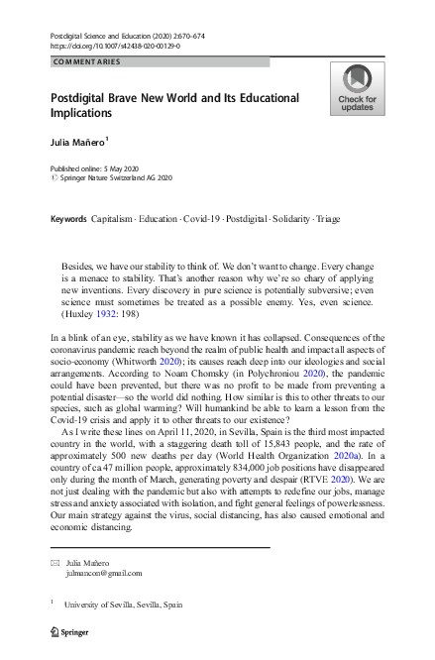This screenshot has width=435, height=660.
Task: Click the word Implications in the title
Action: point(91,115)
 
